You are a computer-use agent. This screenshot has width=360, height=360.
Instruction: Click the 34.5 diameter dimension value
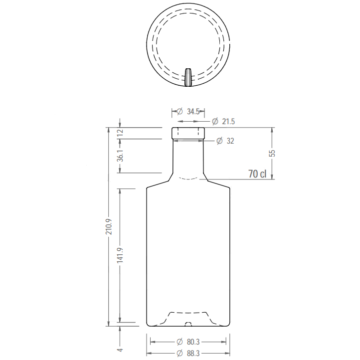193,112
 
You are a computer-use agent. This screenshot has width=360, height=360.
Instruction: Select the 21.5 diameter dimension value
228,122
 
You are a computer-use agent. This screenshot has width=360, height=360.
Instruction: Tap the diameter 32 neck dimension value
230,141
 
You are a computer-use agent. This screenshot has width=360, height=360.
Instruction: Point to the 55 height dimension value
272,153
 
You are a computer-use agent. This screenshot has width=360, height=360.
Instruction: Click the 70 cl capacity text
257,174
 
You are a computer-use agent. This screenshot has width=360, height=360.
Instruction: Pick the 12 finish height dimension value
120,133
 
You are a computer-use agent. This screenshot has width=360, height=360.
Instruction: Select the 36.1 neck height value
120,156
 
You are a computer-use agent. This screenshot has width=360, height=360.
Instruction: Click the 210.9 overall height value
109,226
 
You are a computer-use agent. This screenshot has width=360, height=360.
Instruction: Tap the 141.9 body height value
120,255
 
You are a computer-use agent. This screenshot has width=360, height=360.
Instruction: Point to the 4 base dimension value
120,350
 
